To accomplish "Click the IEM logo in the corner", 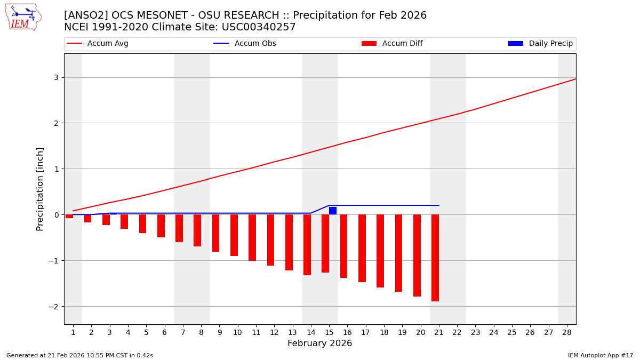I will point(23,17).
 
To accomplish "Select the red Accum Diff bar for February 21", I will point(435,258).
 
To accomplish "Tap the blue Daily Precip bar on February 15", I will point(333,211).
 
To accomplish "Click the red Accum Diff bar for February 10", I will point(234,235).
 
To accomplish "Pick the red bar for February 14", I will point(307,245).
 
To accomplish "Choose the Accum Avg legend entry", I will point(98,44).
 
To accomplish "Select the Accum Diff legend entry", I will point(393,44).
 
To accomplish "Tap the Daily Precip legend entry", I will point(541,44).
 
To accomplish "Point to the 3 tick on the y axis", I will point(55,77).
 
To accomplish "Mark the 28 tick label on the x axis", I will point(567,332).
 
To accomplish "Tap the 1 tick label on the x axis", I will point(73,332).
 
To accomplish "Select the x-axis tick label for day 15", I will point(329,332).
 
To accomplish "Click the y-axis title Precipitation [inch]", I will point(40,189).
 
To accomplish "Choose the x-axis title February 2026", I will point(319,343).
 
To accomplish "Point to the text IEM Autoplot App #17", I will point(601,355).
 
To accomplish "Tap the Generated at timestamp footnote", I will point(79,355).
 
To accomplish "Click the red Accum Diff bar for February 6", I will point(161,226).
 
